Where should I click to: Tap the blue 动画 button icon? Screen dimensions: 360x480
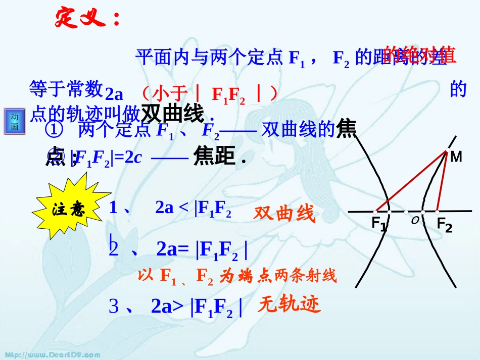(15, 122)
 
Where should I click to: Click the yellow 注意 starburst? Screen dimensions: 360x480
(69, 209)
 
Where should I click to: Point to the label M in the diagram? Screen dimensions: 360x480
(456, 157)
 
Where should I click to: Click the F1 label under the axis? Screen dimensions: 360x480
(379, 223)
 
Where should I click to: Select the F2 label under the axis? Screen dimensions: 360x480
(444, 224)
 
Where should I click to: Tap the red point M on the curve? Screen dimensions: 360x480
(446, 151)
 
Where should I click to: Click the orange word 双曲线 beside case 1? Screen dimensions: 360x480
(284, 214)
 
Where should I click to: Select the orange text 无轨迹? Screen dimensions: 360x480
(289, 304)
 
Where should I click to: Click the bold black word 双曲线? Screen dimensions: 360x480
(172, 114)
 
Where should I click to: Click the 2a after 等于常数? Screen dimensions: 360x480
(114, 94)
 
